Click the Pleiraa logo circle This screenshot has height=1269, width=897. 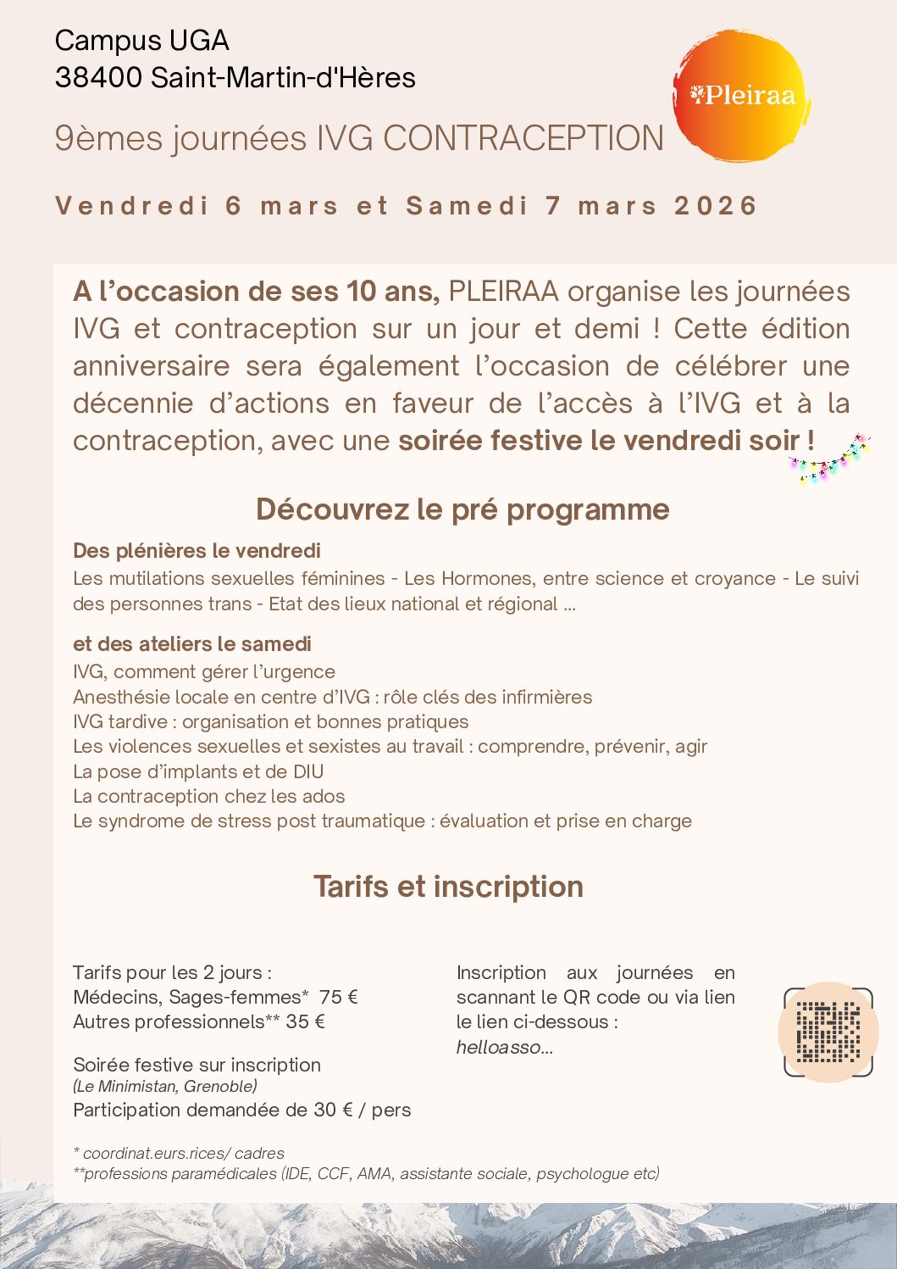742,95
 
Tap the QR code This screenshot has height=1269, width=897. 828,1032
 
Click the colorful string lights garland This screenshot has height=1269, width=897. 829,460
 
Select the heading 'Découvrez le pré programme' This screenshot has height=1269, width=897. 462,509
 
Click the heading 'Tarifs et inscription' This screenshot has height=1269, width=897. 448,887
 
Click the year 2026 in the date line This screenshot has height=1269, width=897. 715,206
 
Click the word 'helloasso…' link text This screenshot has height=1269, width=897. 505,1047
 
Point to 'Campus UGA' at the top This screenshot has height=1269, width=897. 141,41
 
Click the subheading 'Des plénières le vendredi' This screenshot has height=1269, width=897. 197,551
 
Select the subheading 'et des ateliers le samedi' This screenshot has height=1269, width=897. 192,644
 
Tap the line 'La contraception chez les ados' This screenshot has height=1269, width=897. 209,796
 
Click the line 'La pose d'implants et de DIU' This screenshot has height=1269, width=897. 198,771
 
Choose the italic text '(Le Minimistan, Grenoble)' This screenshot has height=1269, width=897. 165,1086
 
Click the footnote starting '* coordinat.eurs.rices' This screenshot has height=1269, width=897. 179,1153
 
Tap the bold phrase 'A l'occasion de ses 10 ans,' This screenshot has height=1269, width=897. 256,292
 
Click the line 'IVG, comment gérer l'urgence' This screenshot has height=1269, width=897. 204,671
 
